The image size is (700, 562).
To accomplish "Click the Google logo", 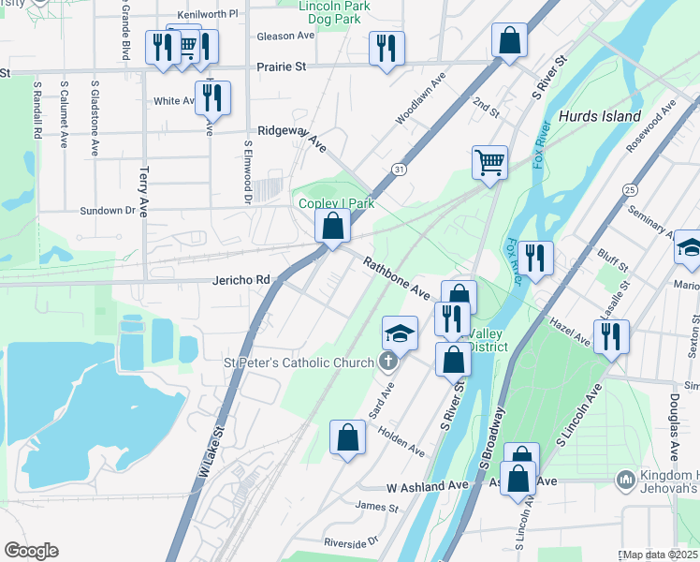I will pyautogui.click(x=31, y=551).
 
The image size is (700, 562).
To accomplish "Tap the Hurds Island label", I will pyautogui.click(x=600, y=117).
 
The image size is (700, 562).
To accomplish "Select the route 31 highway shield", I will pyautogui.click(x=400, y=169).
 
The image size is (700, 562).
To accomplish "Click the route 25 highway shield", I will pyautogui.click(x=629, y=190).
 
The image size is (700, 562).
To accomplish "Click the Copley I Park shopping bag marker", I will pyautogui.click(x=332, y=226).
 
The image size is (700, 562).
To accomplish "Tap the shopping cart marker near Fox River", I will pyautogui.click(x=489, y=163).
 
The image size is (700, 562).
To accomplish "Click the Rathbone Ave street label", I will pyautogui.click(x=396, y=279).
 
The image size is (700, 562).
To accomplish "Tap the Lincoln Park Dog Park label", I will pyautogui.click(x=335, y=11).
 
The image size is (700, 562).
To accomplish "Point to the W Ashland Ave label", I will pyautogui.click(x=428, y=486).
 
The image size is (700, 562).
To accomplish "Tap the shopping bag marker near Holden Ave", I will pyautogui.click(x=347, y=437).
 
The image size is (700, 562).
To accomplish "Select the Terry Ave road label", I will pyautogui.click(x=143, y=188).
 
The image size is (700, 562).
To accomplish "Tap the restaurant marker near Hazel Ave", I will pyautogui.click(x=611, y=336).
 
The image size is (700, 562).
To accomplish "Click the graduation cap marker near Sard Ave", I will pyautogui.click(x=400, y=333).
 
